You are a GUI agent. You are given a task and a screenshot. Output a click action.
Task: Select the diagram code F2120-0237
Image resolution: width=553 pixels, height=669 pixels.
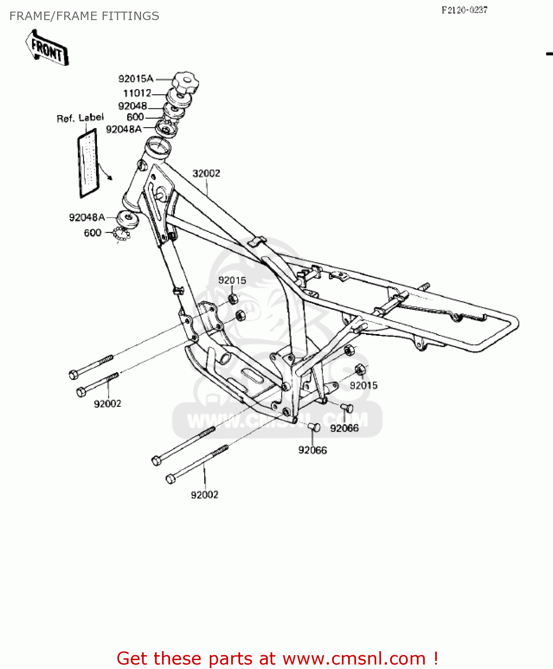(464, 10)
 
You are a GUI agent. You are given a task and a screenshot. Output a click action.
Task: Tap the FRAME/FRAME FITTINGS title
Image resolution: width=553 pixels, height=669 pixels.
(84, 16)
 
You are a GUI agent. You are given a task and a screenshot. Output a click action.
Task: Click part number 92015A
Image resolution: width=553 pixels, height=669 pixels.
(136, 79)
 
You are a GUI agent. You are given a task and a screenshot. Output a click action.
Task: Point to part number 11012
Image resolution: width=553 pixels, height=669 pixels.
(137, 93)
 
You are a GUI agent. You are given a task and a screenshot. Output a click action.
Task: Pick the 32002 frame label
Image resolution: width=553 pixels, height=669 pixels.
(206, 173)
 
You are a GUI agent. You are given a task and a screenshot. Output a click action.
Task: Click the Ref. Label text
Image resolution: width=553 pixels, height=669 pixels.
(80, 118)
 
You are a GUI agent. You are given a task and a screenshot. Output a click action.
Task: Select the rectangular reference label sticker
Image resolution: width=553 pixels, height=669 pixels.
(88, 163)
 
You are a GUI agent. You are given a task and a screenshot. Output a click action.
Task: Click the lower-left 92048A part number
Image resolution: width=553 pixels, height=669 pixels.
(87, 218)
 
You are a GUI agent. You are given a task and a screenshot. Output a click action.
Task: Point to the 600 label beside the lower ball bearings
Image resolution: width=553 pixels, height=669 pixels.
(92, 233)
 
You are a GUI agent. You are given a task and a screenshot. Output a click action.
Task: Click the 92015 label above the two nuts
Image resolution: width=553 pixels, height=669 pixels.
(232, 281)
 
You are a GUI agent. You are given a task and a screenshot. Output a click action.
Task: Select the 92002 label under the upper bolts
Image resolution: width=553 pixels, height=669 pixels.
(108, 404)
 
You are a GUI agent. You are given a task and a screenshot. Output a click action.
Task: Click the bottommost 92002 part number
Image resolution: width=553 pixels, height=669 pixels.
(204, 495)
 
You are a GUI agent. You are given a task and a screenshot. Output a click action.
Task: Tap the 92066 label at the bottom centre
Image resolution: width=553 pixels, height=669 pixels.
(312, 450)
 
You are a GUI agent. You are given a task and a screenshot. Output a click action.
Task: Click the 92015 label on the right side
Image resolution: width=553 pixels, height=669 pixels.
(363, 385)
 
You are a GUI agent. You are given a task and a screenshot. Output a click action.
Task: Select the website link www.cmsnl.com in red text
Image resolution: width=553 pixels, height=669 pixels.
(354, 658)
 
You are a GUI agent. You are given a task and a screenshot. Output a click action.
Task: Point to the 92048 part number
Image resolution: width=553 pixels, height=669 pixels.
(133, 106)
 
